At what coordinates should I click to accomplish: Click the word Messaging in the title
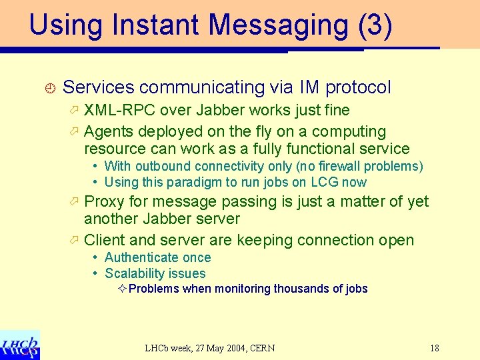pyautogui.click(x=279, y=25)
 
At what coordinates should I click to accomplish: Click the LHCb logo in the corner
pyautogui.click(x=20, y=345)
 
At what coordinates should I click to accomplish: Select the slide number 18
pyautogui.click(x=434, y=348)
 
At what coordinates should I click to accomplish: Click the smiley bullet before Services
pyautogui.click(x=48, y=87)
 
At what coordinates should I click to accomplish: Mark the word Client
pyautogui.click(x=105, y=240)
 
